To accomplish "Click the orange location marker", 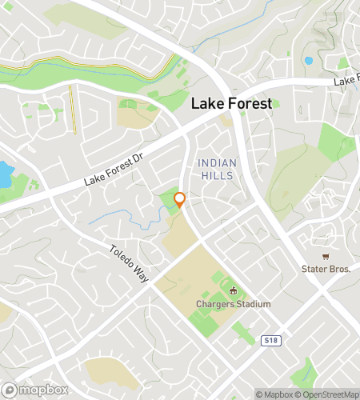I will coord(180,200).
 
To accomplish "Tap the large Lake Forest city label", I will coord(231,103).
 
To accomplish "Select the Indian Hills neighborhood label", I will coord(216,169).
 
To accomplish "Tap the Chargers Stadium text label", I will coord(234,304).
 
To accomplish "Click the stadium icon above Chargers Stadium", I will coord(234,291).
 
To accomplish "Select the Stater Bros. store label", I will coord(326,269).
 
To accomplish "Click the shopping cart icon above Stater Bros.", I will coord(326,256).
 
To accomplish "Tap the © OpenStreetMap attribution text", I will coord(327,394).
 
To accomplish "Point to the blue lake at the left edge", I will coord(5,174).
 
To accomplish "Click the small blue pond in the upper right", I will coord(308,61).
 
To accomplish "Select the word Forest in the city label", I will coord(250,103).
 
